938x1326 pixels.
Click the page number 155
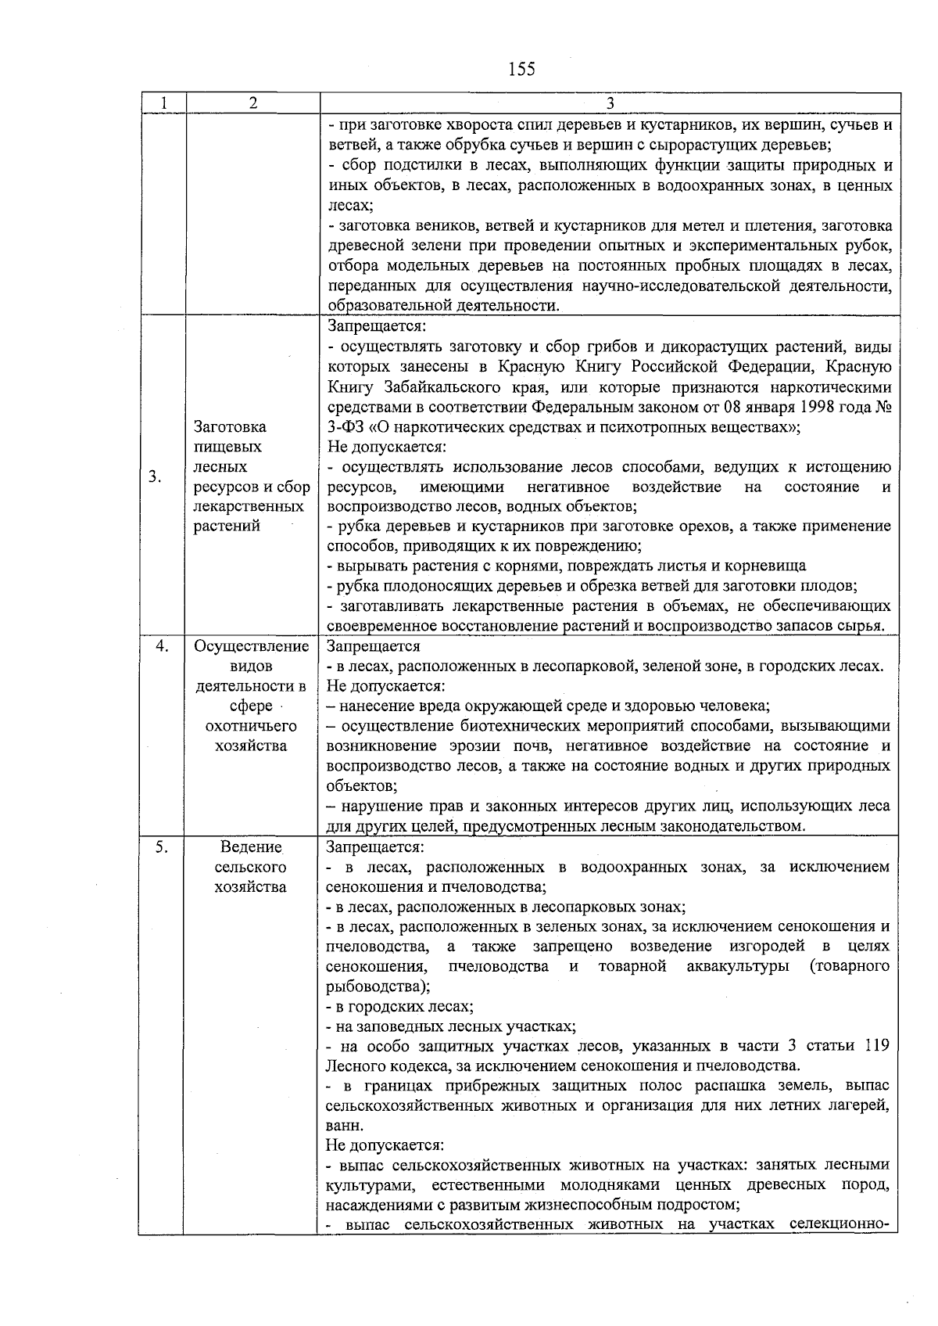pyautogui.click(x=521, y=69)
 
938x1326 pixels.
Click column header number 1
pyautogui.click(x=162, y=103)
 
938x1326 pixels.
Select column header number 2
pyautogui.click(x=252, y=103)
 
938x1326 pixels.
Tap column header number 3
pyautogui.click(x=610, y=103)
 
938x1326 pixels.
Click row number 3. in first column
pyautogui.click(x=156, y=476)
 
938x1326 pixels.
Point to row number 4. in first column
pyautogui.click(x=162, y=646)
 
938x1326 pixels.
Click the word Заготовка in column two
pyautogui.click(x=230, y=426)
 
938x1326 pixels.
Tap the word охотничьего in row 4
pyautogui.click(x=251, y=726)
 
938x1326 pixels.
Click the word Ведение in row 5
pyautogui.click(x=251, y=847)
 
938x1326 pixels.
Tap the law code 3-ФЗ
pyautogui.click(x=347, y=427)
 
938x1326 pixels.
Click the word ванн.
pyautogui.click(x=344, y=1126)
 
